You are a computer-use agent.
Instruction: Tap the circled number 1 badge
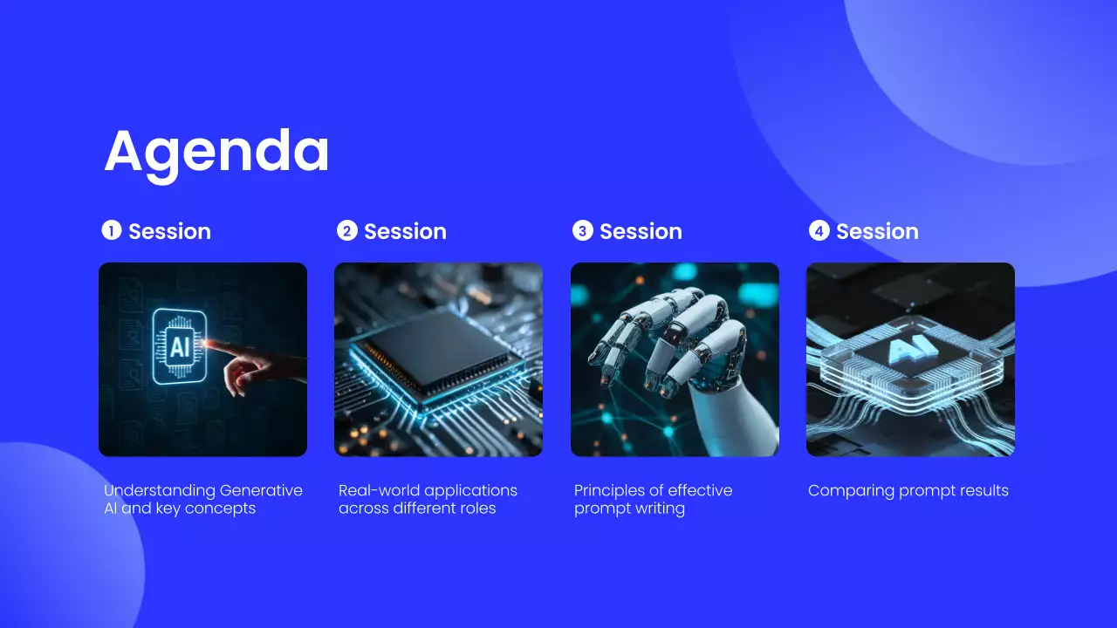coord(112,230)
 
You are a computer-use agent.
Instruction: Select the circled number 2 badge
coord(347,231)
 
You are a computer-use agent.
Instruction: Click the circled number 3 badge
coord(582,231)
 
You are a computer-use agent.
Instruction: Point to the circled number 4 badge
coord(819,231)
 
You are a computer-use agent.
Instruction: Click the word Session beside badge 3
coord(641,232)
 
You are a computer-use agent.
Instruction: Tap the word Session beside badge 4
coord(877,232)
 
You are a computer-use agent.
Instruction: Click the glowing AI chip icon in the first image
coord(179,347)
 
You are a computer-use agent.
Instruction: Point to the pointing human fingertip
coord(208,343)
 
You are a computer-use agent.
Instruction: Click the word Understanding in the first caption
coord(159,491)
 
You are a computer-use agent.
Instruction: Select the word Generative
coord(261,490)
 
